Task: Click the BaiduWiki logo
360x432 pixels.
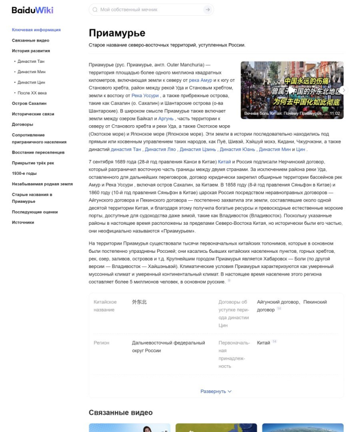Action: [32, 10]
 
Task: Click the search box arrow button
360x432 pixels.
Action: [208, 10]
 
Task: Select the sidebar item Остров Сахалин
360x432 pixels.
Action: [29, 104]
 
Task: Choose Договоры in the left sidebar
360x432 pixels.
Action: [23, 125]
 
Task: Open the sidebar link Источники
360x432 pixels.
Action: [23, 222]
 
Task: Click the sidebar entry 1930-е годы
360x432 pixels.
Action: [24, 173]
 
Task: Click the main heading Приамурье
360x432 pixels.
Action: [117, 33]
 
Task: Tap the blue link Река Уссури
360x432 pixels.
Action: [145, 96]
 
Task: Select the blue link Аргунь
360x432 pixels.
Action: [166, 119]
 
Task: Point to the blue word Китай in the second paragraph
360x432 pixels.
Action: [224, 162]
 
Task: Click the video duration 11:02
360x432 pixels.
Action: [334, 113]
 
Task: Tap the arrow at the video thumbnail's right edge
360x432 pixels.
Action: [343, 90]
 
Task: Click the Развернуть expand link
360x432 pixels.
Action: [216, 391]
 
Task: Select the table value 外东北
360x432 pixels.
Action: [139, 302]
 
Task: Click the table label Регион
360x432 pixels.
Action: [101, 343]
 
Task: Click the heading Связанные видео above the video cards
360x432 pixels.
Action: [120, 412]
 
